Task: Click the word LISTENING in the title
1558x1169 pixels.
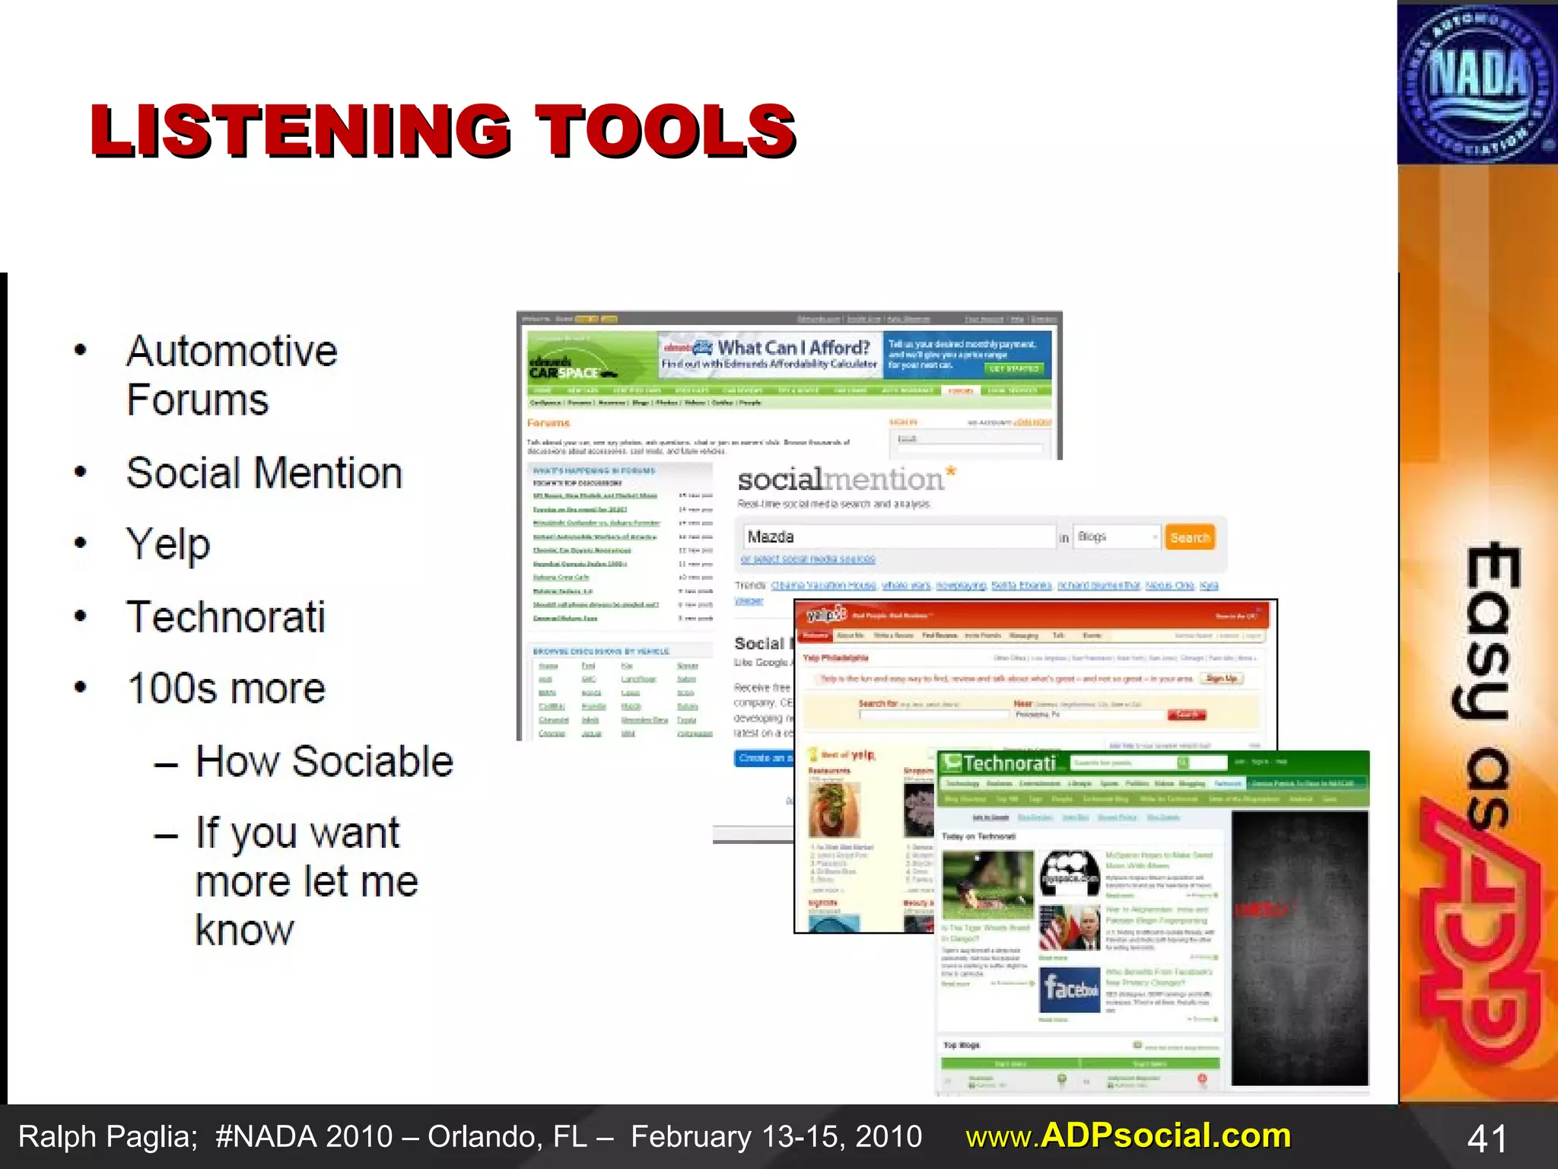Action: tap(300, 131)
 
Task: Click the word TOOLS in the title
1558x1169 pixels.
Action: tap(666, 131)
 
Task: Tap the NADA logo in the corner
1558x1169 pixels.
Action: tap(1476, 82)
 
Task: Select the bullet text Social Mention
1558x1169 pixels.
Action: tap(264, 473)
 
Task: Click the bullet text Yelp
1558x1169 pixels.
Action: tap(168, 545)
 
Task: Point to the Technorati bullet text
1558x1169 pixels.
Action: tap(226, 616)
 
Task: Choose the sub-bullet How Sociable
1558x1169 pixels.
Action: tap(324, 761)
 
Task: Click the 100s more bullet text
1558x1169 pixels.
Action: tap(226, 689)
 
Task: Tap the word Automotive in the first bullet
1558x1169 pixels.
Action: tap(232, 352)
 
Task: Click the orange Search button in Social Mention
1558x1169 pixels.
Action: tap(1190, 537)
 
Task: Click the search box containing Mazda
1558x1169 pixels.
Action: tap(898, 537)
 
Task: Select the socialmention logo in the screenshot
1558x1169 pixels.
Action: tap(844, 479)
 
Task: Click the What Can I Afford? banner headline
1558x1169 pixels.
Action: tap(793, 348)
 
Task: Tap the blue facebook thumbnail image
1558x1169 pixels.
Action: tap(1070, 989)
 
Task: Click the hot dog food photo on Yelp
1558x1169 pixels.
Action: tap(834, 808)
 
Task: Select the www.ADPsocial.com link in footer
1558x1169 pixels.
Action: tap(1128, 1136)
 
